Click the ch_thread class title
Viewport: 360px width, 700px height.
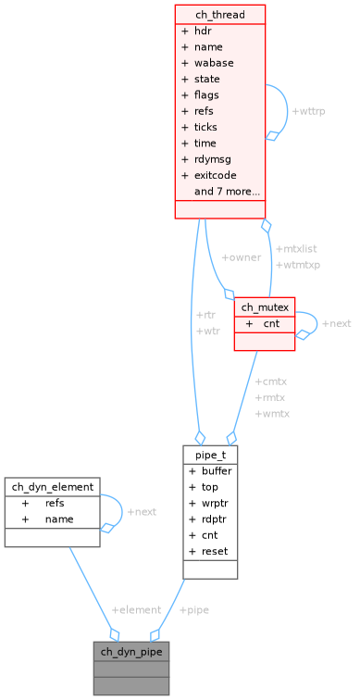tap(219, 14)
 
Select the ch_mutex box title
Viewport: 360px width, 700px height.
tap(264, 307)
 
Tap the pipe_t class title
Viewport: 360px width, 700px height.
tap(210, 455)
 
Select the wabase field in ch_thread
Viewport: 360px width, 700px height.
tap(213, 62)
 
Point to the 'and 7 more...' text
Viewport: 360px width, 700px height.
tap(227, 192)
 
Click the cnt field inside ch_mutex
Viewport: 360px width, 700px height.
tap(271, 324)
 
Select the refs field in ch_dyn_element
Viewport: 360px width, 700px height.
tap(55, 503)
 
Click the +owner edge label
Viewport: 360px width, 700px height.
tap(241, 256)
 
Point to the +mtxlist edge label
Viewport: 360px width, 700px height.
tap(296, 248)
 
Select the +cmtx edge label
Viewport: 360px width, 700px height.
tap(271, 381)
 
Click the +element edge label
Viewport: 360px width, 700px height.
tap(136, 609)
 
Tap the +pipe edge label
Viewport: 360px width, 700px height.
tap(194, 609)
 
